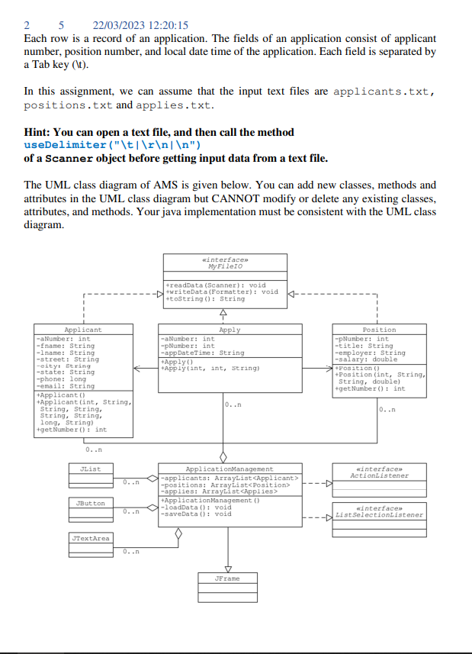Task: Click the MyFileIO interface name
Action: pyautogui.click(x=225, y=267)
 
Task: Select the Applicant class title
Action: pyautogui.click(x=83, y=330)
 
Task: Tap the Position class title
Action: pyautogui.click(x=379, y=330)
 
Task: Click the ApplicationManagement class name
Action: pyautogui.click(x=230, y=469)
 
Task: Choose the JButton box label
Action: pyautogui.click(x=90, y=504)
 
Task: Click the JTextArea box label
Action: pyautogui.click(x=91, y=538)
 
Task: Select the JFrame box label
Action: pyautogui.click(x=228, y=578)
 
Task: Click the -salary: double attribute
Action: pyautogui.click(x=366, y=359)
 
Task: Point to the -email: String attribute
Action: pyautogui.click(x=66, y=385)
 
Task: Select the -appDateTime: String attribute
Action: pyautogui.click(x=201, y=353)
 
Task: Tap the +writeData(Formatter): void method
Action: pyautogui.click(x=222, y=292)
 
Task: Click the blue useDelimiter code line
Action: pyautogui.click(x=112, y=144)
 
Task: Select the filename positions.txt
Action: pyautogui.click(x=69, y=105)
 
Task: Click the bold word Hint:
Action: pyautogui.click(x=39, y=132)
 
